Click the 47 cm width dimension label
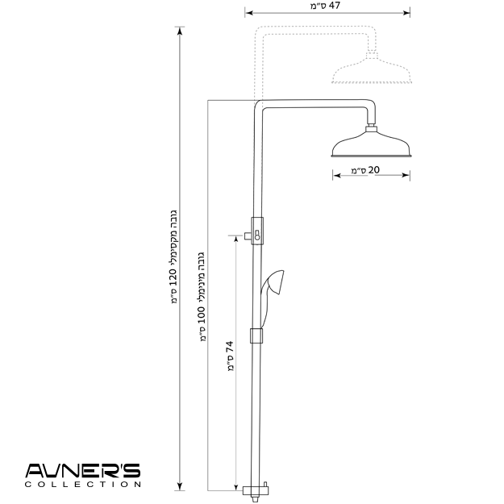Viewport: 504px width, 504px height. pyautogui.click(x=325, y=6)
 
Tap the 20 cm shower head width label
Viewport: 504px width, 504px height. pyautogui.click(x=365, y=169)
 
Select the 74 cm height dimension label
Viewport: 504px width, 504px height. pyautogui.click(x=230, y=356)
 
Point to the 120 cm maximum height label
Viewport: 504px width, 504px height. pyautogui.click(x=173, y=256)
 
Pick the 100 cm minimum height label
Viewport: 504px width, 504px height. pyautogui.click(x=202, y=297)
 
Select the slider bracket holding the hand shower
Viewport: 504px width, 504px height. pyautogui.click(x=256, y=335)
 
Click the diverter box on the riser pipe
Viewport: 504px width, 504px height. pyautogui.click(x=257, y=231)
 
